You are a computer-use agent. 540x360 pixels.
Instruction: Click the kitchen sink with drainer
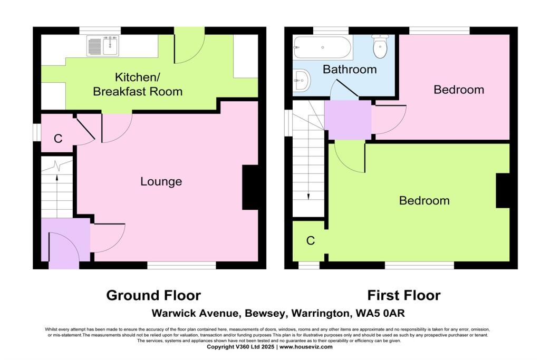point(103,46)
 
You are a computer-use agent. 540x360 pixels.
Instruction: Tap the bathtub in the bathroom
point(322,47)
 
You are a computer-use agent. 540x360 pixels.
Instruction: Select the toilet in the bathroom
point(380,46)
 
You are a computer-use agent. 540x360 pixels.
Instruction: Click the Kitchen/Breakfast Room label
point(138,84)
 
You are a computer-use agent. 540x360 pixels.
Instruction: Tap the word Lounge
point(161,181)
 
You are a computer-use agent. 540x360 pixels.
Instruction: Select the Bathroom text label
point(350,69)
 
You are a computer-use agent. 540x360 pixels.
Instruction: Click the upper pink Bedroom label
point(458,90)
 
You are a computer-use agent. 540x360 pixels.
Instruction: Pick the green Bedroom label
point(424,200)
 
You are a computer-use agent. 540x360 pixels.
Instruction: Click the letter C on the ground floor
point(58,139)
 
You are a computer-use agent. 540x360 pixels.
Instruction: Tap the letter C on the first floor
point(311,240)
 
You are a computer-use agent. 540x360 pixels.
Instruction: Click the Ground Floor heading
point(153,295)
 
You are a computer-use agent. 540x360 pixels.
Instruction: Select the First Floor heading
point(403,295)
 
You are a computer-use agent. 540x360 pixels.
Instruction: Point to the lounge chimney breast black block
point(250,188)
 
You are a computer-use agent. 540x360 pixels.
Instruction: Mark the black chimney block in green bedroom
point(503,190)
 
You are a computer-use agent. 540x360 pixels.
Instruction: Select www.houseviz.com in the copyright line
point(310,347)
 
